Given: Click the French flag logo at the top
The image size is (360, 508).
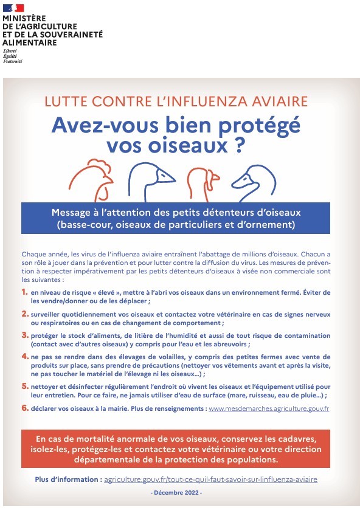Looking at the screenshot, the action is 13,8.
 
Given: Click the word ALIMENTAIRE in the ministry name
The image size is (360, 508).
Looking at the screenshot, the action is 30,43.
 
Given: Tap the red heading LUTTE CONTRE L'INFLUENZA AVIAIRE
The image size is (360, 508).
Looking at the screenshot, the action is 176,101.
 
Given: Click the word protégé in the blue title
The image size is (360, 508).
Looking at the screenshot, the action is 260,125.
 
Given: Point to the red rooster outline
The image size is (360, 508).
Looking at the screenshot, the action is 91,180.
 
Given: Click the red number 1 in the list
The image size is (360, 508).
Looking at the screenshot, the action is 25,292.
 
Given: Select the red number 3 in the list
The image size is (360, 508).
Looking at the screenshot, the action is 25,335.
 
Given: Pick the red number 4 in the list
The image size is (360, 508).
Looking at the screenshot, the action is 25,357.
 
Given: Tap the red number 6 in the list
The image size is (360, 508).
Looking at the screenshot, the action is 25,408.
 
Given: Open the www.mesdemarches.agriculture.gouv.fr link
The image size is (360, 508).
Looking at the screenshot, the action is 269,408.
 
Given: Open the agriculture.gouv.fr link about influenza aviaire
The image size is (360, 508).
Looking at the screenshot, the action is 210,479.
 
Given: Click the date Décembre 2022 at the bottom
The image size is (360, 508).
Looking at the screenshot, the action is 176,493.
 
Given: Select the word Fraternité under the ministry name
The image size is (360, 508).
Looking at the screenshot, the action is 13,61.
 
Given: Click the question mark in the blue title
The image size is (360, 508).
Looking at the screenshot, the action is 238,146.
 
